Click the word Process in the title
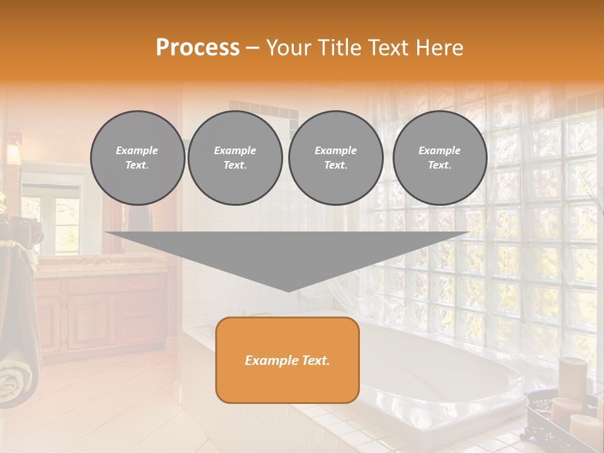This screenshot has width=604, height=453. coord(198,48)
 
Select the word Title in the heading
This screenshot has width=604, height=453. coord(344,48)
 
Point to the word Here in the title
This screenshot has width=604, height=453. coord(440,48)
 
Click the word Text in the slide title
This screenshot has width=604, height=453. coord(393,48)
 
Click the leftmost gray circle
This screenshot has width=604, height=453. coord(138,158)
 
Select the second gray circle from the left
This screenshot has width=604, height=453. coord(235,158)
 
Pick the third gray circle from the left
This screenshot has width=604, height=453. coord(336,158)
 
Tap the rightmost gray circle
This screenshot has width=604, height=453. coord(440,158)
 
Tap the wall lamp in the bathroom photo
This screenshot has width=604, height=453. coord(13,151)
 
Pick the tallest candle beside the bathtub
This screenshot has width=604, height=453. coord(572,377)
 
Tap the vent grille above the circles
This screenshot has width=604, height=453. coord(264,109)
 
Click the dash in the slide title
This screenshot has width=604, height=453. coord(253,48)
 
